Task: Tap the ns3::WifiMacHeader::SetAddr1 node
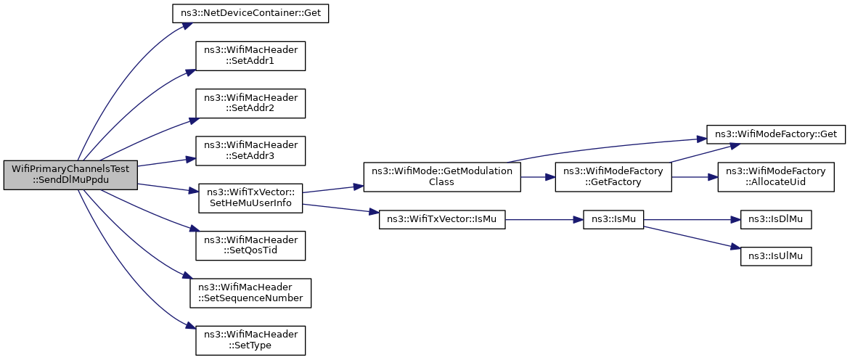click(250, 56)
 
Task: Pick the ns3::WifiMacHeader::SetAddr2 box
click(250, 104)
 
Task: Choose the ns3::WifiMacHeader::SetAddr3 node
click(250, 151)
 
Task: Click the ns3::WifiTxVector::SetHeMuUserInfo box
click(250, 198)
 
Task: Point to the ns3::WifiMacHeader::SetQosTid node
click(250, 245)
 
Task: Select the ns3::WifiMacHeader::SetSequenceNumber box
click(250, 292)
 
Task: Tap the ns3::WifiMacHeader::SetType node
click(250, 340)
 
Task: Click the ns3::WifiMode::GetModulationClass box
click(442, 177)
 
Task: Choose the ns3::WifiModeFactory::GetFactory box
click(613, 177)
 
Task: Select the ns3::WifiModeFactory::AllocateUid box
click(776, 177)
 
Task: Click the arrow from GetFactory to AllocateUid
click(695, 177)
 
